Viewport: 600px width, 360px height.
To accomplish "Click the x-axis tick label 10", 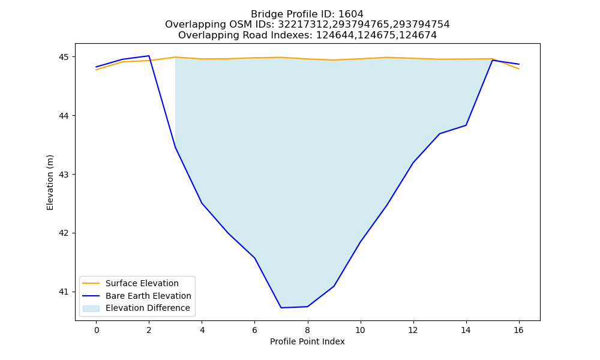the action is pyautogui.click(x=360, y=330).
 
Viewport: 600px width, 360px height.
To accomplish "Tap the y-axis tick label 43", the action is pyautogui.click(x=64, y=175).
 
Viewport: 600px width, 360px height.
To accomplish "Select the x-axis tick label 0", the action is pyautogui.click(x=97, y=330).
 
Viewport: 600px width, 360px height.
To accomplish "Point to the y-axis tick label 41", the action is pyautogui.click(x=64, y=292).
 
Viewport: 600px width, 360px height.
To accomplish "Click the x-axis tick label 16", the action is pyautogui.click(x=518, y=330).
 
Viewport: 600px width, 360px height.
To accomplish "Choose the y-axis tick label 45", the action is pyautogui.click(x=64, y=57).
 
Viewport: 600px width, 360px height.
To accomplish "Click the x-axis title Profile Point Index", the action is pyautogui.click(x=307, y=341).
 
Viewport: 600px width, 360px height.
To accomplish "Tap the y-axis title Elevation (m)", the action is pyautogui.click(x=50, y=182).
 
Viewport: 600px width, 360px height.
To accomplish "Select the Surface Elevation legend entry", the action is pyautogui.click(x=129, y=283).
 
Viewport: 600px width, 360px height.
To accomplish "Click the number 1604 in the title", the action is pyautogui.click(x=351, y=14).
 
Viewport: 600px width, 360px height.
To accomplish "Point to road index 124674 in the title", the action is pyautogui.click(x=418, y=35).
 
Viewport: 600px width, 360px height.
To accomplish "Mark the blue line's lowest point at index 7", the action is pyautogui.click(x=281, y=308).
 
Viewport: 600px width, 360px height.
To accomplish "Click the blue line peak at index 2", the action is pyautogui.click(x=149, y=56).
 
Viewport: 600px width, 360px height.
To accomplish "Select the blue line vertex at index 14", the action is pyautogui.click(x=466, y=125).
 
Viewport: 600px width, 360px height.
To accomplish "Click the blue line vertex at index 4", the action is pyautogui.click(x=202, y=203).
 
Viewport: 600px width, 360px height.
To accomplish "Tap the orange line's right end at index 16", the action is pyautogui.click(x=519, y=69).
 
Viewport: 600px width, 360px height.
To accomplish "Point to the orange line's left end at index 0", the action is pyautogui.click(x=96, y=70).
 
